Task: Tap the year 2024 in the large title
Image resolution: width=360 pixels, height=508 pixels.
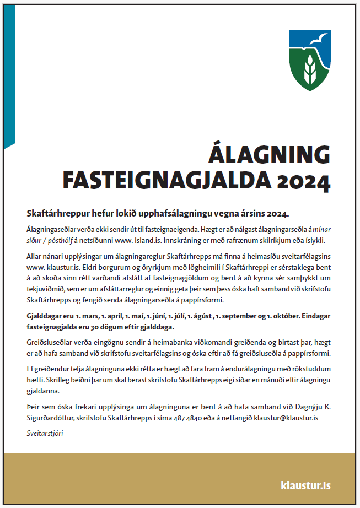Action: click(x=305, y=180)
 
